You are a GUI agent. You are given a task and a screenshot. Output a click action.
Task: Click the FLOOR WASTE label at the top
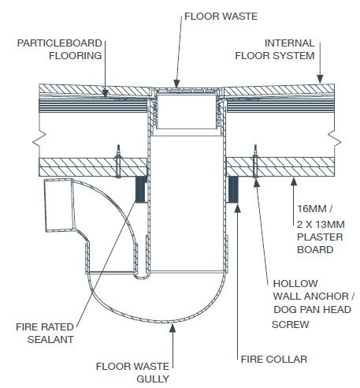pyautogui.click(x=221, y=17)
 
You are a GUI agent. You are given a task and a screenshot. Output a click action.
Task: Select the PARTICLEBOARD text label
pyautogui.click(x=60, y=43)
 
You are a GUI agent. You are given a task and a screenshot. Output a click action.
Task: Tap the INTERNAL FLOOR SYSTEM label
pyautogui.click(x=275, y=50)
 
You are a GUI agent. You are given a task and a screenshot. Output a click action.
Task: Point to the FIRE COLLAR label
pyautogui.click(x=274, y=360)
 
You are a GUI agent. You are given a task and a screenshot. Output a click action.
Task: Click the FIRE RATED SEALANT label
pyautogui.click(x=45, y=333)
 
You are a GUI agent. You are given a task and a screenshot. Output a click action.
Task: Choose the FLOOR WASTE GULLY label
pyautogui.click(x=132, y=372)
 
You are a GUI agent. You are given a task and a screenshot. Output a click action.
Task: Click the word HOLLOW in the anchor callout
pyautogui.click(x=295, y=284)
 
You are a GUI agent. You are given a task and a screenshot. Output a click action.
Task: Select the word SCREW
pyautogui.click(x=290, y=325)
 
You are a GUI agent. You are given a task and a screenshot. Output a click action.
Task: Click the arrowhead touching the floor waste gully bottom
pyautogui.click(x=173, y=328)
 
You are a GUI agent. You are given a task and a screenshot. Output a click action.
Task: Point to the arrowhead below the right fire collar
pyautogui.click(x=237, y=208)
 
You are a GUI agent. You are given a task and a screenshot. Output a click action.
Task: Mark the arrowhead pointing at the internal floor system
pyautogui.click(x=320, y=79)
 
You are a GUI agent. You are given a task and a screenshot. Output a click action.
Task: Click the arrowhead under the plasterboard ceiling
pyautogui.click(x=294, y=181)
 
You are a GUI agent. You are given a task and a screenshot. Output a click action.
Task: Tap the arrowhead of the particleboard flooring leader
pyautogui.click(x=105, y=93)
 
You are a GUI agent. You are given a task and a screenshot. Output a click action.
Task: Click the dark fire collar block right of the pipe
pyautogui.click(x=232, y=189)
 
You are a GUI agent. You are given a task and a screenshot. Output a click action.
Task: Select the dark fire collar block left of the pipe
pyautogui.click(x=141, y=189)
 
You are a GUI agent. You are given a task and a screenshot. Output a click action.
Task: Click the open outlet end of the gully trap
pyautogui.click(x=58, y=205)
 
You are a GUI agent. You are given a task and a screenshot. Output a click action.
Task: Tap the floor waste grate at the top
pyautogui.click(x=186, y=91)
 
